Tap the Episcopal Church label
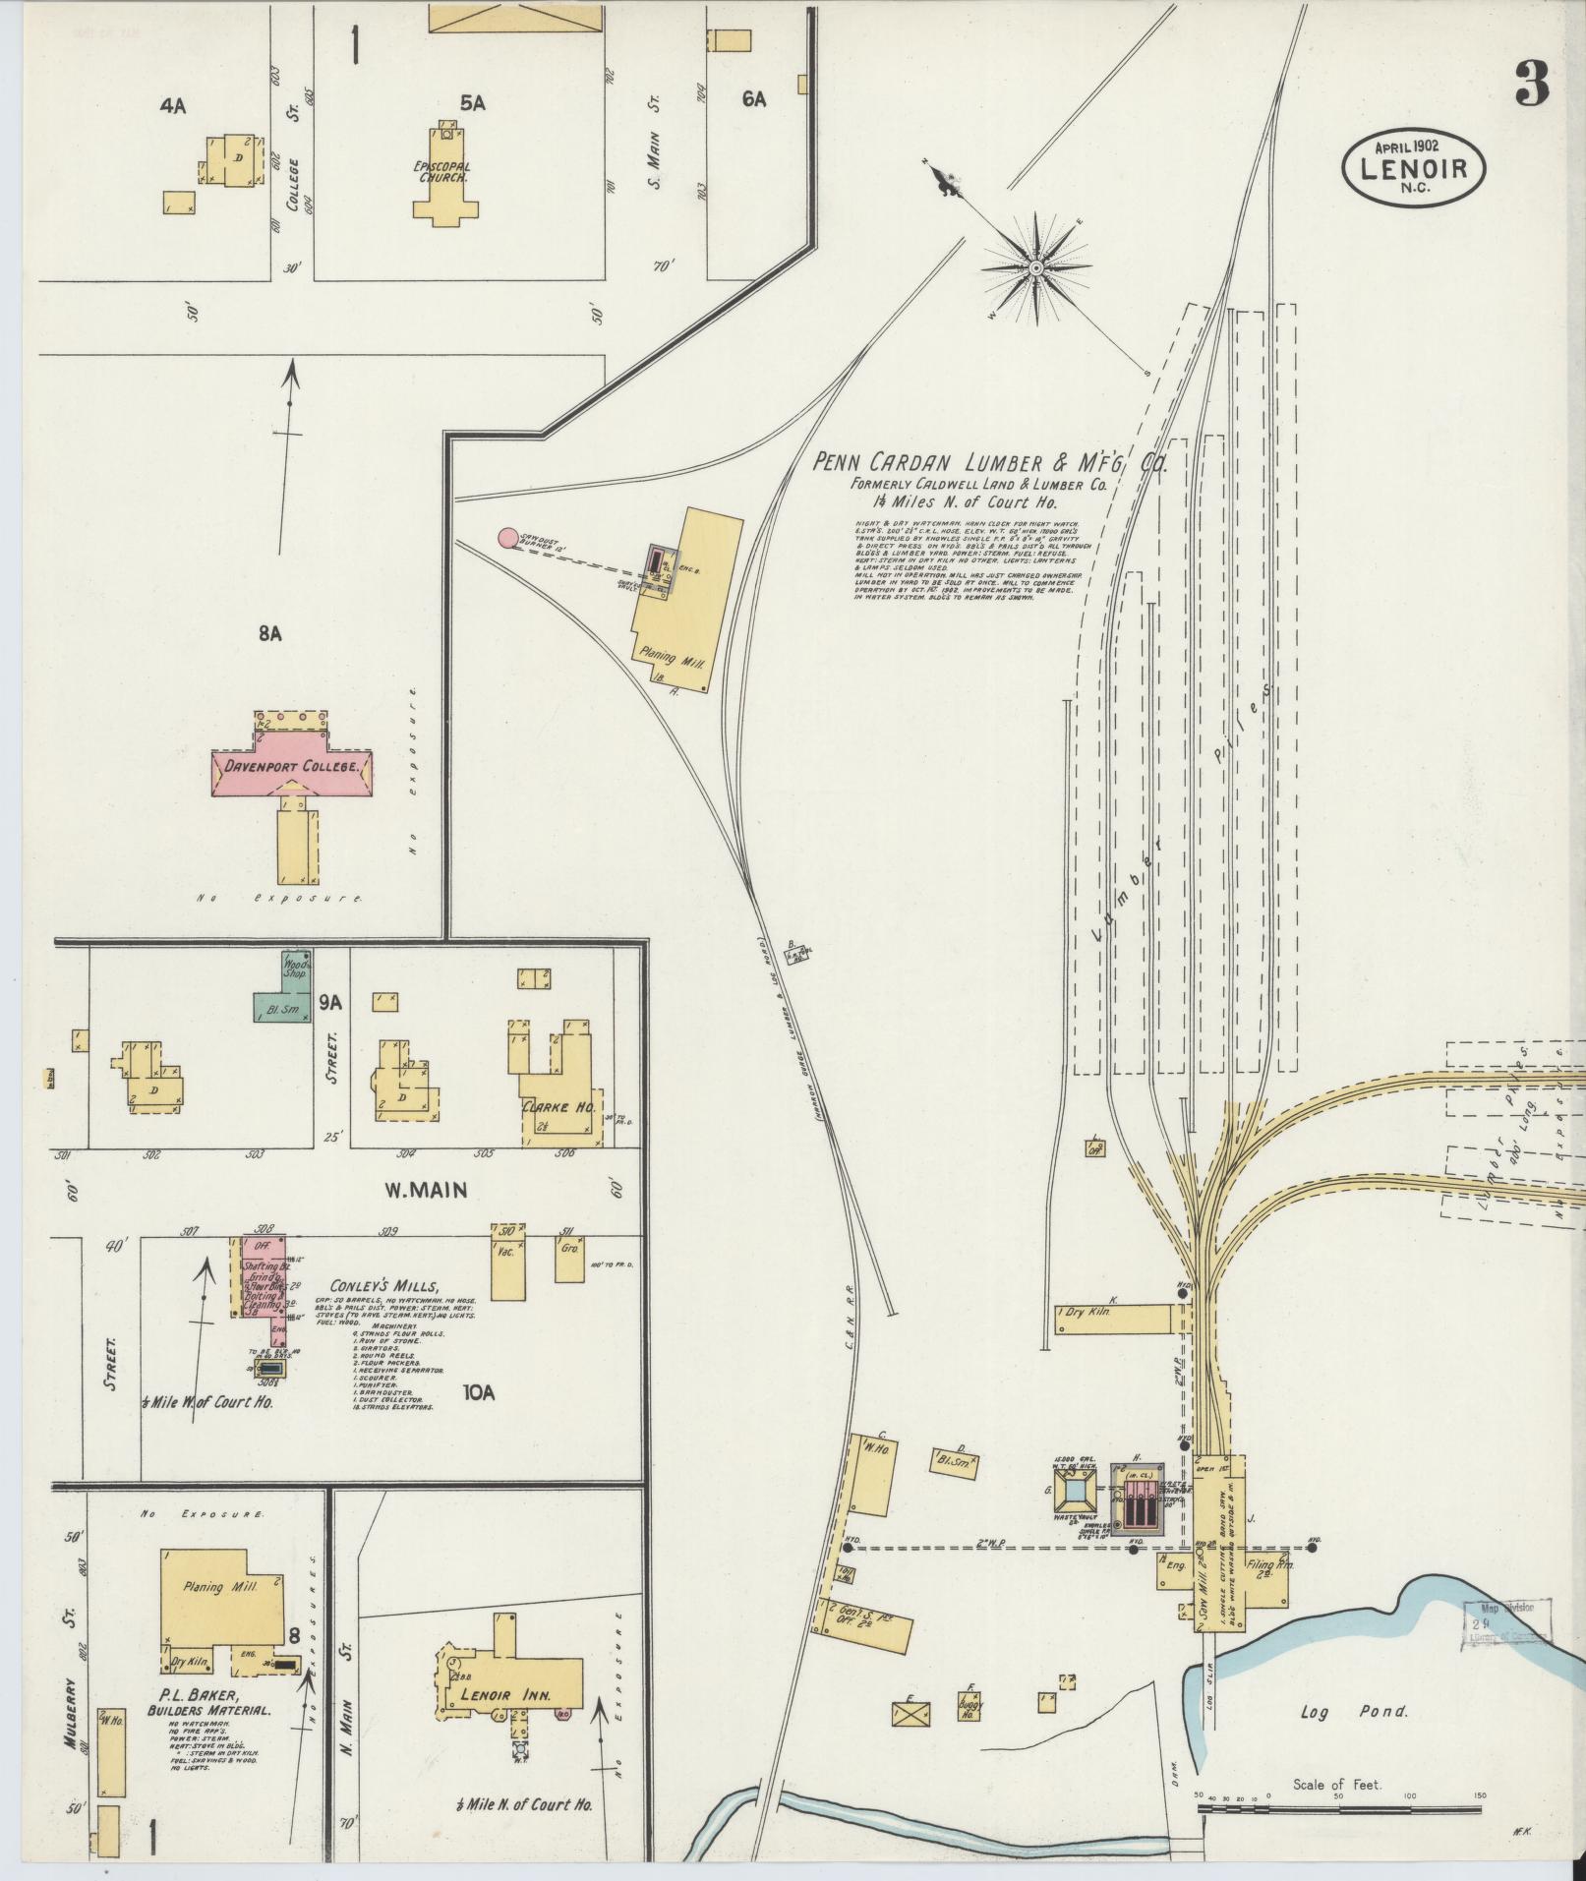point(441,172)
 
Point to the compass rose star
point(1035,265)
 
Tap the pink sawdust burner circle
point(507,537)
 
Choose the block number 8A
point(270,634)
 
